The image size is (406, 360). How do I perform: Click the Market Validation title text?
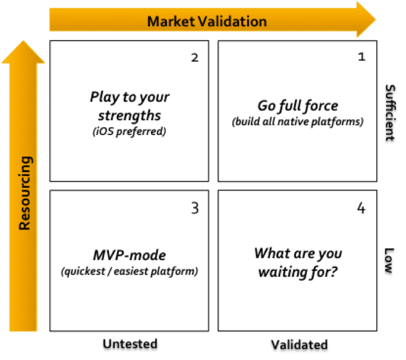coord(207,21)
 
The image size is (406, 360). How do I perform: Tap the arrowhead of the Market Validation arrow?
coord(366,20)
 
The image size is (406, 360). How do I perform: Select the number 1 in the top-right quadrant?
coord(361,57)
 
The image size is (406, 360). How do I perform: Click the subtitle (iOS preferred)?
coord(129,131)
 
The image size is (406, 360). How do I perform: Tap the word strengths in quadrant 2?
coord(129,115)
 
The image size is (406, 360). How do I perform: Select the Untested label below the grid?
coord(129,344)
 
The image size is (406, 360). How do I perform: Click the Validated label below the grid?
coord(299,345)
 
